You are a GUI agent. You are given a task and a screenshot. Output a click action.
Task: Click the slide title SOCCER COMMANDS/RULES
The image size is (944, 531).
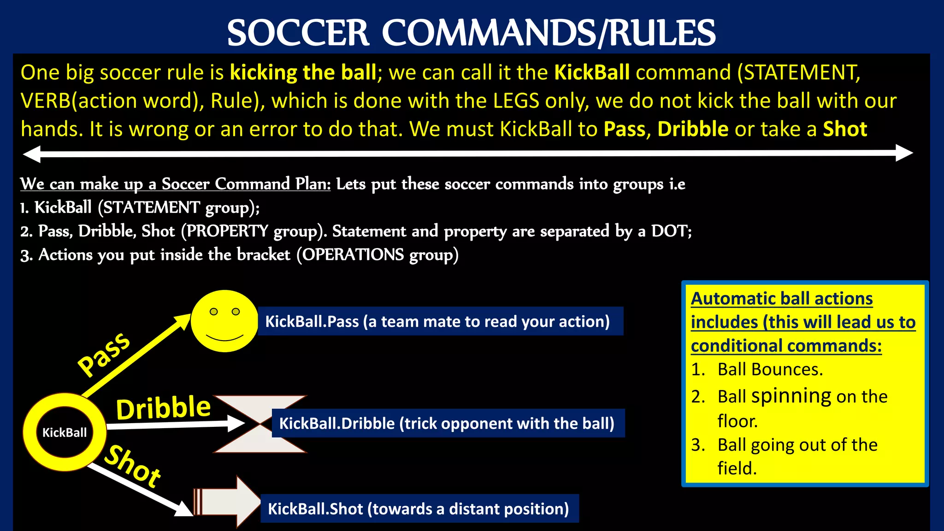471,33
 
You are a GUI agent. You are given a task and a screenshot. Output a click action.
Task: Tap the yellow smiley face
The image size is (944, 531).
224,321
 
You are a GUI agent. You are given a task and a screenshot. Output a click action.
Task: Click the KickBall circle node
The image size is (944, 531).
65,432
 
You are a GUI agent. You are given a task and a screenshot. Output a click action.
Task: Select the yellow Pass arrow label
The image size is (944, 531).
104,354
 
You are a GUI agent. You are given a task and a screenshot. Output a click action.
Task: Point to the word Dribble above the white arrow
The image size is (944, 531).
163,408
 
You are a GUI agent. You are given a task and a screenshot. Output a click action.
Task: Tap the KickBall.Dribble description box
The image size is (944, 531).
447,423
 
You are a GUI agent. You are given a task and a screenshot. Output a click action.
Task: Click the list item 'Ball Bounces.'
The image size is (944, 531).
770,370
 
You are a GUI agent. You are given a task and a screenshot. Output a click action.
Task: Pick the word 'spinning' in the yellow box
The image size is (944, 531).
791,396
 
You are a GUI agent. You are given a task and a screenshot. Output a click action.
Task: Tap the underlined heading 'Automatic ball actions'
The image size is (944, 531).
782,299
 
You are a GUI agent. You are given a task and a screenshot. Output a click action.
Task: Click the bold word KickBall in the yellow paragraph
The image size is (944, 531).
592,73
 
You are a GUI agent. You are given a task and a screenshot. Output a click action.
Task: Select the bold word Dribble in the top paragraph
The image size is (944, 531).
693,129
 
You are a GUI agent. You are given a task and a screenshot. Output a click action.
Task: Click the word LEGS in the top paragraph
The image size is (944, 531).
516,101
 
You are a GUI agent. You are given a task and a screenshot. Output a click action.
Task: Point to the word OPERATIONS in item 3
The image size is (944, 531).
353,255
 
